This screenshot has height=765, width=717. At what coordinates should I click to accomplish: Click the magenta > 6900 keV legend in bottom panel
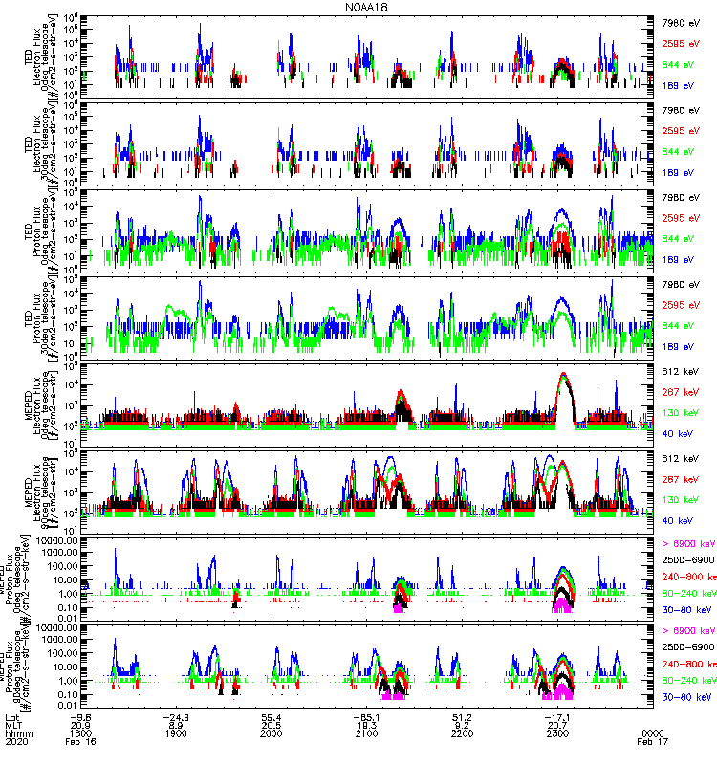tap(688, 631)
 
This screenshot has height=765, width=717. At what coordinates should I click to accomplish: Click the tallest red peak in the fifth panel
tap(563, 374)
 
